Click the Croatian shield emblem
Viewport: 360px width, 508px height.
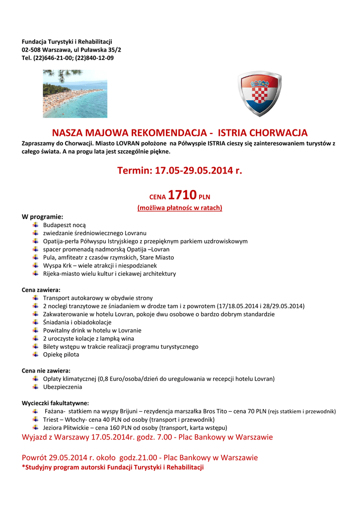coord(259,93)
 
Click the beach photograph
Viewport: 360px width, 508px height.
coord(74,93)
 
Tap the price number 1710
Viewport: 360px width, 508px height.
coord(182,194)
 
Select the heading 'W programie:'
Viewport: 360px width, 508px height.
coord(43,217)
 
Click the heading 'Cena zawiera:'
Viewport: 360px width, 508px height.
coord(41,290)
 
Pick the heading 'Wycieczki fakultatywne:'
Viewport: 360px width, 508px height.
coord(56,403)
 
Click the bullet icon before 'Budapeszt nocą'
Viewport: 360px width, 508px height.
coord(35,225)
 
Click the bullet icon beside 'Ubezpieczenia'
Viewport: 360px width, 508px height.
coord(35,386)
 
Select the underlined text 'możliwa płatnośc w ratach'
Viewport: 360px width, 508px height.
coord(180,208)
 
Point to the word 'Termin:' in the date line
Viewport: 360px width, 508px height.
coord(135,171)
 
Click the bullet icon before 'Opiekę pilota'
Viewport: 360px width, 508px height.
coord(35,354)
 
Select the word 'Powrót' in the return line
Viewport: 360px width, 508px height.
coord(35,457)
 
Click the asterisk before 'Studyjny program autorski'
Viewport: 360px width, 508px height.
coord(23,467)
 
